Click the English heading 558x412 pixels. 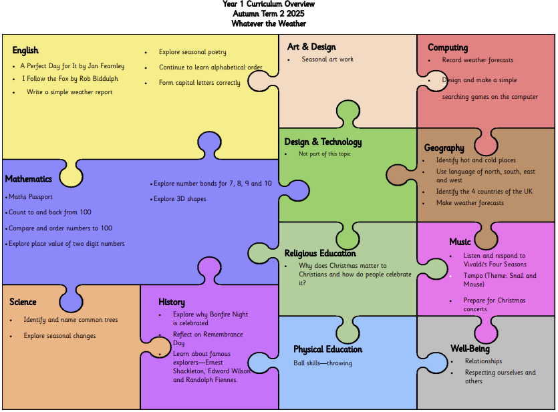coord(25,51)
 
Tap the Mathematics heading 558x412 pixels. coord(29,179)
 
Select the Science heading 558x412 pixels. coord(23,302)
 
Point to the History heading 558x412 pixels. coord(172,302)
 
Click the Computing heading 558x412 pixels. coord(448,47)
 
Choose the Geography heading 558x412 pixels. coord(444,148)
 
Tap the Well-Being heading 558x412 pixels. coord(470,349)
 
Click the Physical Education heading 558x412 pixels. coord(327,349)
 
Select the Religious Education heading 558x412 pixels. coord(320,254)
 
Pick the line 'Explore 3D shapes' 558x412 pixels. coord(180,199)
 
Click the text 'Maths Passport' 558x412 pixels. coord(31,196)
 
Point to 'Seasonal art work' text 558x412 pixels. coord(327,59)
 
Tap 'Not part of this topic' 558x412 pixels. coord(325,154)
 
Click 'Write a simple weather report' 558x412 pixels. coord(69,92)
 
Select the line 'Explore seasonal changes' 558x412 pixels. coord(59,336)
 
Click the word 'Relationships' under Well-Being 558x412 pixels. coord(483,361)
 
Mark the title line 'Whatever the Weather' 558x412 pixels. coord(269,24)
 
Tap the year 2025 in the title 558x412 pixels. coord(295,14)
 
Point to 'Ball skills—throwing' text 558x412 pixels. coord(323,363)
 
